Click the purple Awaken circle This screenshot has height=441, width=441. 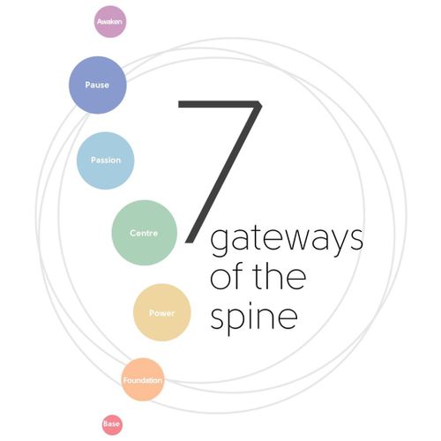tap(110, 22)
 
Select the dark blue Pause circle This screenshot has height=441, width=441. tap(98, 85)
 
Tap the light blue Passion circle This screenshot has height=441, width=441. tap(106, 161)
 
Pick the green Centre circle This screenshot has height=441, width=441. tap(145, 233)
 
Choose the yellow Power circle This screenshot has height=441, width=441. tap(162, 312)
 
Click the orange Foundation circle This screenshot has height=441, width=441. tap(143, 379)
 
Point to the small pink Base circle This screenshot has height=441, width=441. tap(112, 424)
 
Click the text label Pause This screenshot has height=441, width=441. tap(97, 85)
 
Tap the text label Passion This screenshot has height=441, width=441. tap(106, 161)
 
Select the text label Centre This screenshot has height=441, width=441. tap(144, 233)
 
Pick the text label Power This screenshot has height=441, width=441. tap(162, 313)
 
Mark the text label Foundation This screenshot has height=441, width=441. tap(143, 380)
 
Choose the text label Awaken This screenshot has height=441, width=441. tap(109, 22)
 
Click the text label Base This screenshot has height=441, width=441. tap(111, 424)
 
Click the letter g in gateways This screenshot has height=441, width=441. tap(219, 243)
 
